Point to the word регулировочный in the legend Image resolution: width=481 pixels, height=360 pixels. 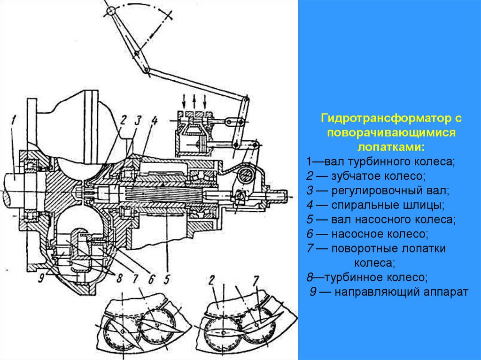point(378,191)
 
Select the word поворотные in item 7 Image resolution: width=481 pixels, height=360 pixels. point(367,249)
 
